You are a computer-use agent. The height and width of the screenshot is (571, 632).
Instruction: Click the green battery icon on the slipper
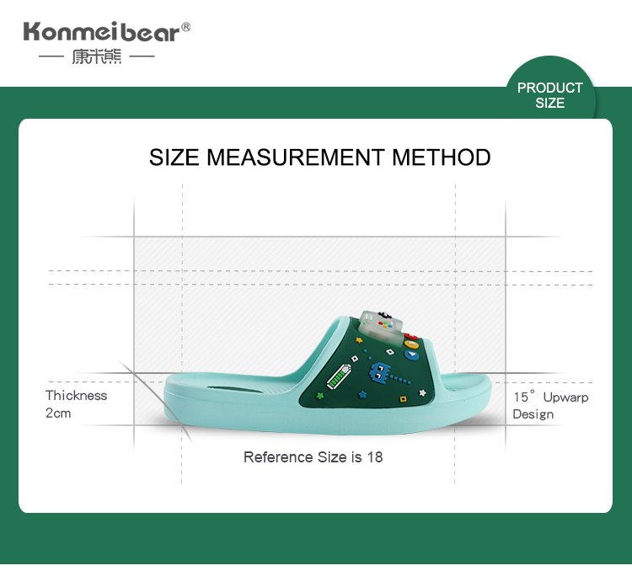339,376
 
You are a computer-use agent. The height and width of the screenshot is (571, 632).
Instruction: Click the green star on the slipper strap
320,395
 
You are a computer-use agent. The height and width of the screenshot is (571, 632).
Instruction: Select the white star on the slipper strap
422,392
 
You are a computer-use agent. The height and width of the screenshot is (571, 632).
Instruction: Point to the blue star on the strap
362,394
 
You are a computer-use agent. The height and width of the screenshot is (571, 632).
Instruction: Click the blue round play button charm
411,355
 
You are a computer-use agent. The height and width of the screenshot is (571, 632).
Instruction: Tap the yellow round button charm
411,344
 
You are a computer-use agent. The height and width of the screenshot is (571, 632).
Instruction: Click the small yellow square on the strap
403,399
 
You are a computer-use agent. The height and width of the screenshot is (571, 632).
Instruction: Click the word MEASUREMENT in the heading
295,157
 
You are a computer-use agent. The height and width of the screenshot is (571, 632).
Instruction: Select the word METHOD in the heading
442,157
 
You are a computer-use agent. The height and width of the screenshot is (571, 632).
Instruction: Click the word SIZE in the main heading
174,157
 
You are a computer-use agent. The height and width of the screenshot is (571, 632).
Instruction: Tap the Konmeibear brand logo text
102,32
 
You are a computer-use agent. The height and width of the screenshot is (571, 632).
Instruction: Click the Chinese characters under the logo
97,56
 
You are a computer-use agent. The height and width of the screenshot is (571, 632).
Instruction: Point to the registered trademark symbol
186,27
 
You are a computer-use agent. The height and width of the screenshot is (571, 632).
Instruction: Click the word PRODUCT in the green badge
550,88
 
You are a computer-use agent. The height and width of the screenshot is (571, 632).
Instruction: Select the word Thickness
76,395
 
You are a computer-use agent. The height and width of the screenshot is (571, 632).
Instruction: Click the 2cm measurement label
58,413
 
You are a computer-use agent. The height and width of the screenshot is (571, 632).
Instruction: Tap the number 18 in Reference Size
375,457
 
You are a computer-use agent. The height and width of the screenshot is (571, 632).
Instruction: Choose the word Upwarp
566,398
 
